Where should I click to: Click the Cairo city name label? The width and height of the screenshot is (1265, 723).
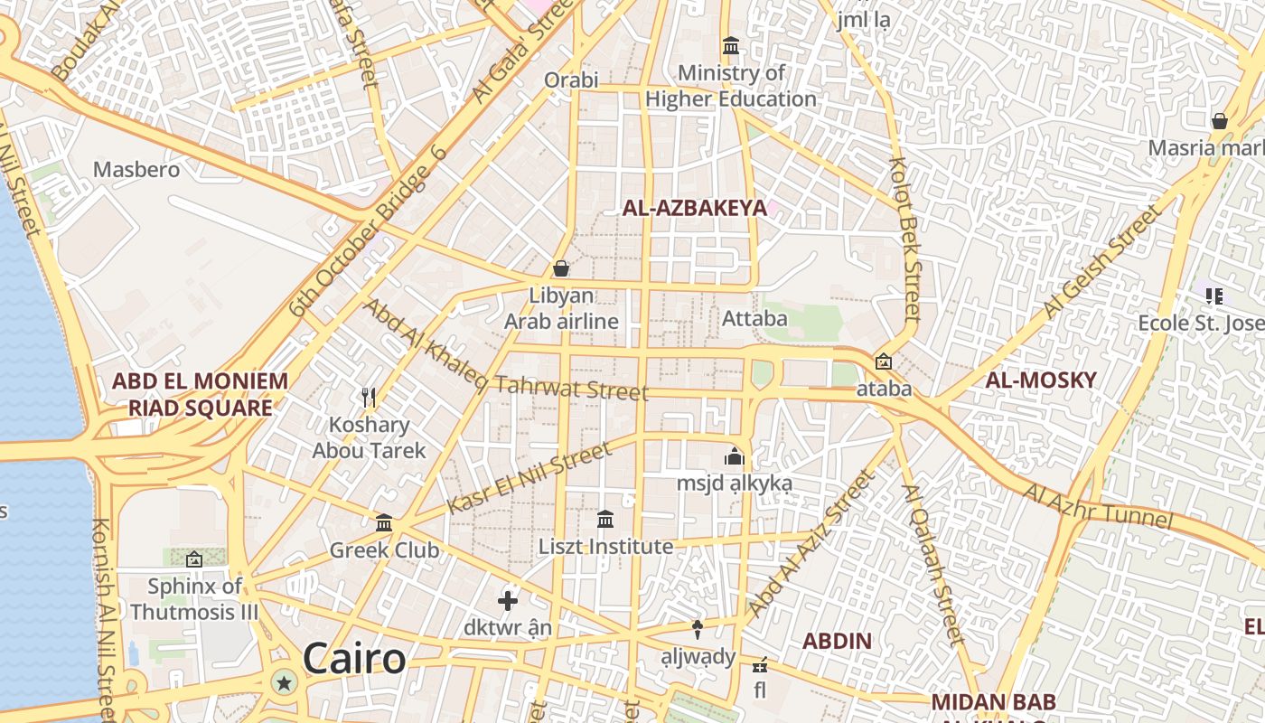pyautogui.click(x=354, y=658)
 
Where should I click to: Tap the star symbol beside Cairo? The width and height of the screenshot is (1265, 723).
pyautogui.click(x=286, y=682)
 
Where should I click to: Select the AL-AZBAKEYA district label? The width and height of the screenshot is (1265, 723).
pyautogui.click(x=694, y=208)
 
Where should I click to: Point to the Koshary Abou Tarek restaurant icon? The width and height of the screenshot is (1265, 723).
pyautogui.click(x=369, y=398)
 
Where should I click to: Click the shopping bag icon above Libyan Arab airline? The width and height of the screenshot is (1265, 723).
pyautogui.click(x=561, y=268)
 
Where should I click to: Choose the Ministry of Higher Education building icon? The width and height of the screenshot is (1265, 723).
pyautogui.click(x=731, y=45)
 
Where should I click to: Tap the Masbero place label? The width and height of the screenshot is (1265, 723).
pyautogui.click(x=136, y=170)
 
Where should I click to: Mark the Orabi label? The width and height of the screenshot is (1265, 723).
pyautogui.click(x=571, y=80)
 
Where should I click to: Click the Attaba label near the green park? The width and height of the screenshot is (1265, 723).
pyautogui.click(x=754, y=318)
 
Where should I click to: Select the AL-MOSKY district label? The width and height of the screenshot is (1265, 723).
pyautogui.click(x=1040, y=380)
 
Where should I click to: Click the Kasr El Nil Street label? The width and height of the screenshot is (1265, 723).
pyautogui.click(x=529, y=478)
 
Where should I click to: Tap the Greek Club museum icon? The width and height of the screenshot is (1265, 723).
pyautogui.click(x=384, y=523)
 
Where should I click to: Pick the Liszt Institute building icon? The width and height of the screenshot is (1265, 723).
pyautogui.click(x=605, y=520)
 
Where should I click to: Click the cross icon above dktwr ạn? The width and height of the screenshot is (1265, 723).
pyautogui.click(x=508, y=601)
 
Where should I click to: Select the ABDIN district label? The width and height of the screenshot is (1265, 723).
pyautogui.click(x=838, y=642)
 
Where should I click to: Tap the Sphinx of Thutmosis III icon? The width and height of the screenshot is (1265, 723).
pyautogui.click(x=193, y=559)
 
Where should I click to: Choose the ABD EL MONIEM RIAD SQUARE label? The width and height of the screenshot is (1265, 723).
pyautogui.click(x=200, y=394)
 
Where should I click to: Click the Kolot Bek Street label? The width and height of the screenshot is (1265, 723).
pyautogui.click(x=905, y=239)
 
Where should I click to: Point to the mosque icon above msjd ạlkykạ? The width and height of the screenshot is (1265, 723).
pyautogui.click(x=734, y=456)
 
